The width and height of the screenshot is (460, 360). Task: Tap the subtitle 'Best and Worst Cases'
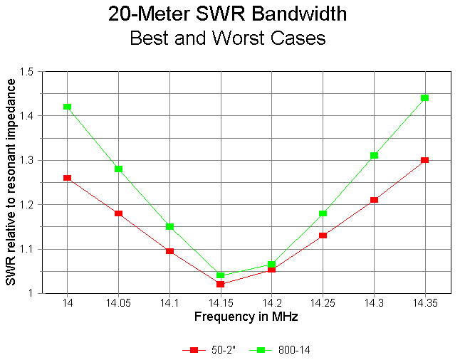(227, 38)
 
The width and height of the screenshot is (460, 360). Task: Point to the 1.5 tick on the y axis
(27, 72)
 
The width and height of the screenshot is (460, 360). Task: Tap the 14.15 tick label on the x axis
(220, 302)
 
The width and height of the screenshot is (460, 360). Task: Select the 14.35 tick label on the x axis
(424, 302)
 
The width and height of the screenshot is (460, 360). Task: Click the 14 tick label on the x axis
(67, 302)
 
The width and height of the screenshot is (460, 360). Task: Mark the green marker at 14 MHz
(67, 107)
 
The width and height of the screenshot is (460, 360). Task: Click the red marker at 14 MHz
(67, 178)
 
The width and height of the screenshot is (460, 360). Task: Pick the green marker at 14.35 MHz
(424, 97)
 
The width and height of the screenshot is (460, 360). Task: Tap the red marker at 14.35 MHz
(424, 160)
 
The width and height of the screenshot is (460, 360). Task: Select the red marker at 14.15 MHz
(220, 284)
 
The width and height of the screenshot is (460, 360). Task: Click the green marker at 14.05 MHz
(118, 169)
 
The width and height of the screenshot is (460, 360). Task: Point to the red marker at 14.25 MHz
(323, 235)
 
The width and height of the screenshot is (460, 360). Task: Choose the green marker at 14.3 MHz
(374, 155)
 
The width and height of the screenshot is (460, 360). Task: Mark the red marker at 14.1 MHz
(169, 251)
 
